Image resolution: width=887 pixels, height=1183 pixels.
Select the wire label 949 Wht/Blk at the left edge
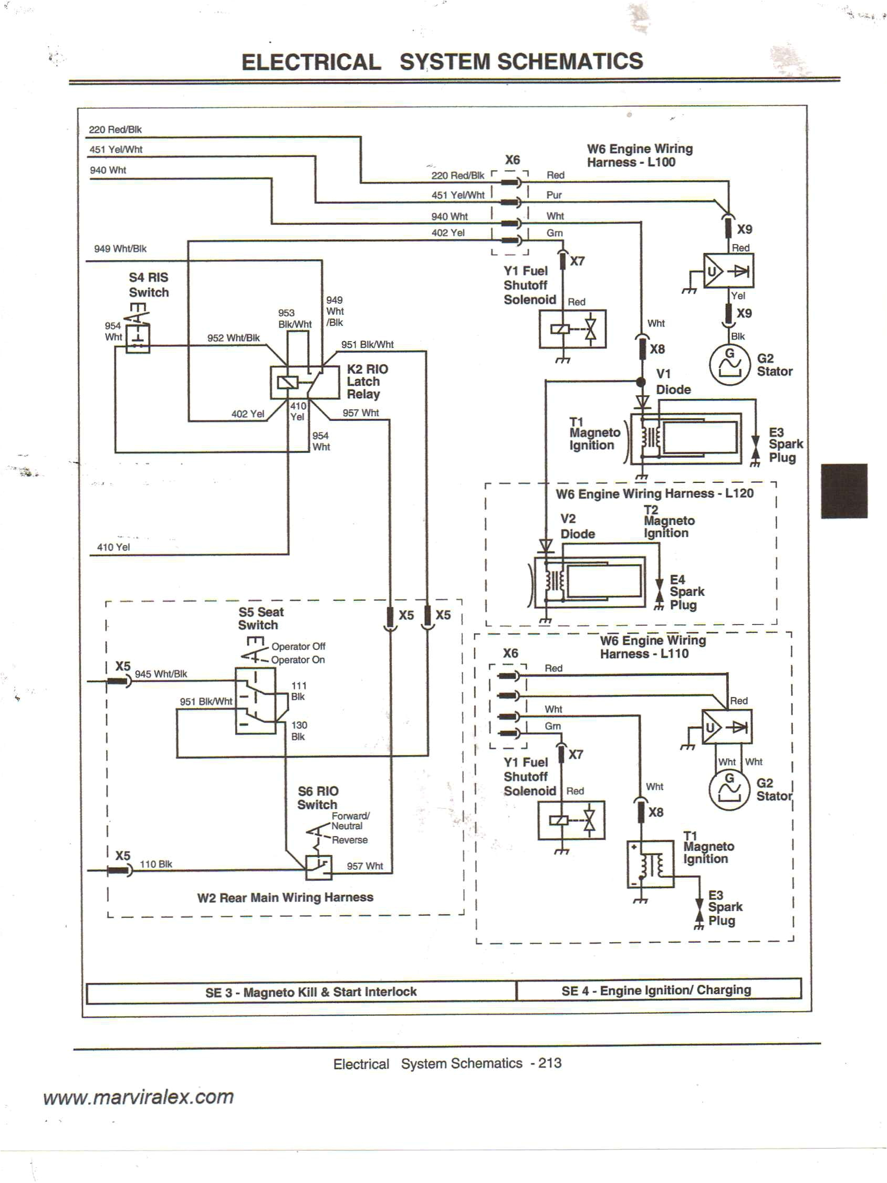point(120,249)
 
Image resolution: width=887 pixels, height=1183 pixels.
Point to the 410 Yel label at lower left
point(113,547)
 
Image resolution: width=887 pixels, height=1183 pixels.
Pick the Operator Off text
point(298,646)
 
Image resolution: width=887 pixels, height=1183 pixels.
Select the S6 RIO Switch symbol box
point(318,868)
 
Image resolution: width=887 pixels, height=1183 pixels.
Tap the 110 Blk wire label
point(155,864)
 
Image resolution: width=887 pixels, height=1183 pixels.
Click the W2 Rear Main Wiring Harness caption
point(285,897)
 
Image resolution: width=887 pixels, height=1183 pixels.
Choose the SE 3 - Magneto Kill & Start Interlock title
point(310,992)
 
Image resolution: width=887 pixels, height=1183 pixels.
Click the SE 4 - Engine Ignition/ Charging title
point(656,990)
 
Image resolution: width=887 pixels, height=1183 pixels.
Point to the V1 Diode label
point(673,382)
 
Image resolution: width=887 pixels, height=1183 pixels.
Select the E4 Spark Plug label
point(686,592)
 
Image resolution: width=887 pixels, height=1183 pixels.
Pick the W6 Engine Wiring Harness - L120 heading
point(654,493)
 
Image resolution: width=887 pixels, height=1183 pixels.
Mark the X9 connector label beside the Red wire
point(744,229)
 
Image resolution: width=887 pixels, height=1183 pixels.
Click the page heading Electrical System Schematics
point(442,61)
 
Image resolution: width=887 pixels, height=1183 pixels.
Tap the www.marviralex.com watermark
point(139,1097)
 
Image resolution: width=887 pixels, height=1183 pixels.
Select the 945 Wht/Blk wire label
point(161,674)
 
